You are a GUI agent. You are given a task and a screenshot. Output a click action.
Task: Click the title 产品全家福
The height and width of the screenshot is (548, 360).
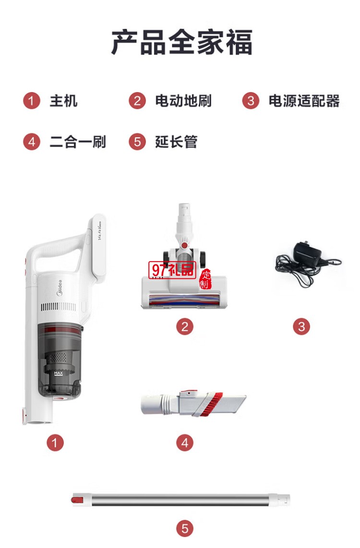coord(181,42)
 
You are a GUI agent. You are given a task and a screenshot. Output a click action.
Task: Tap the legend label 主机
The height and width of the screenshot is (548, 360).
coord(63,101)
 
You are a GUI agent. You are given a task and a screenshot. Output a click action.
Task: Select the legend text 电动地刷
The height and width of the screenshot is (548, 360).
coord(183,101)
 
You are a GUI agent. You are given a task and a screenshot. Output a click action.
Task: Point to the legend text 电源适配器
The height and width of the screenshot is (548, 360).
coord(304,101)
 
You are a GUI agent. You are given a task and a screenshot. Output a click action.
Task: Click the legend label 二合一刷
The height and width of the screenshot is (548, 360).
coord(78,142)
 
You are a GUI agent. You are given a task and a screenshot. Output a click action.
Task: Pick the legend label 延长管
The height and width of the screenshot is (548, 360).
coord(176,142)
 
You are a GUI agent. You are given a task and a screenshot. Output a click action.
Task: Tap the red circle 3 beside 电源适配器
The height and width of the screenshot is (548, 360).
coord(251,101)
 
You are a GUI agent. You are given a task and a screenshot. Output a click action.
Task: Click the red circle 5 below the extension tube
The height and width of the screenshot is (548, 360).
coord(185,529)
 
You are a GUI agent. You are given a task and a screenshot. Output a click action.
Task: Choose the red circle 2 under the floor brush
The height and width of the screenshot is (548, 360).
coord(185,327)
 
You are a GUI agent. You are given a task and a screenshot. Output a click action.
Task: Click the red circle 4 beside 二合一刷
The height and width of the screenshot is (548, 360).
coord(32,142)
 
